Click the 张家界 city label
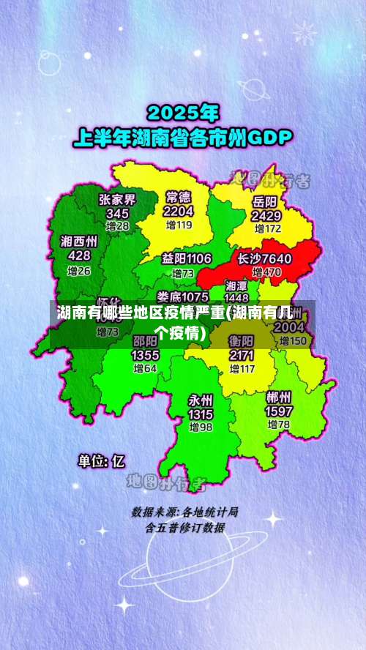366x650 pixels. (x=118, y=199)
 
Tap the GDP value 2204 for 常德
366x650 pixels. (x=179, y=211)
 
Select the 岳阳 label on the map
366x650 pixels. (x=265, y=201)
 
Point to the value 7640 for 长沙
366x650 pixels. (x=275, y=258)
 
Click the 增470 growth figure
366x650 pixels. (x=267, y=272)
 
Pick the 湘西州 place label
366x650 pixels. (x=79, y=241)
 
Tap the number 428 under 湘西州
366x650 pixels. (x=79, y=255)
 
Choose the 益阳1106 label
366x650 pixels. (x=187, y=258)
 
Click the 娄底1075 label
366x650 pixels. (x=183, y=296)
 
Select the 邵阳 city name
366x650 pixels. (x=145, y=341)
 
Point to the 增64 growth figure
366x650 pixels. (x=145, y=368)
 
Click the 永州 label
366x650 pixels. (x=200, y=400)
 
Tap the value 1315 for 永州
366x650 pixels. (x=200, y=414)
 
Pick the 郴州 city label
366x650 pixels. (x=278, y=397)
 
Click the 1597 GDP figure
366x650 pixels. (x=278, y=411)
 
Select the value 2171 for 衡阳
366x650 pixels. (x=242, y=355)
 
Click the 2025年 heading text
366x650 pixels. (x=183, y=113)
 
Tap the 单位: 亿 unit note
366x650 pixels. (x=102, y=461)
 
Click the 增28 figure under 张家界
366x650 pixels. (x=117, y=226)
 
